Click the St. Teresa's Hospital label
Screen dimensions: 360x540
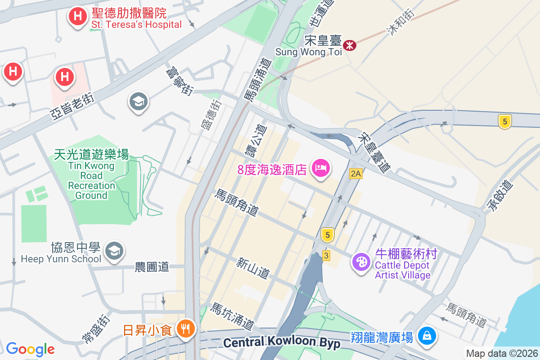click(136, 18)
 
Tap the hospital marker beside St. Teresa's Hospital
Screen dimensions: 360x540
click(77, 17)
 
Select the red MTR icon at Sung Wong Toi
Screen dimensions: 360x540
click(350, 45)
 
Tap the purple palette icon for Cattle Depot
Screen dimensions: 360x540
click(360, 261)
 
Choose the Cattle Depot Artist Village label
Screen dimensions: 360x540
click(403, 265)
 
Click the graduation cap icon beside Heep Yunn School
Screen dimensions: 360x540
click(114, 252)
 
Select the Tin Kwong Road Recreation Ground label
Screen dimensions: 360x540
click(91, 175)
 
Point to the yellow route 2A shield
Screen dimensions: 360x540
click(356, 173)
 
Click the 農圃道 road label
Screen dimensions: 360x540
click(152, 267)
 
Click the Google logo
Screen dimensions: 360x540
click(30, 349)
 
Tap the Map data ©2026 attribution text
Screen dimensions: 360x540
click(501, 354)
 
